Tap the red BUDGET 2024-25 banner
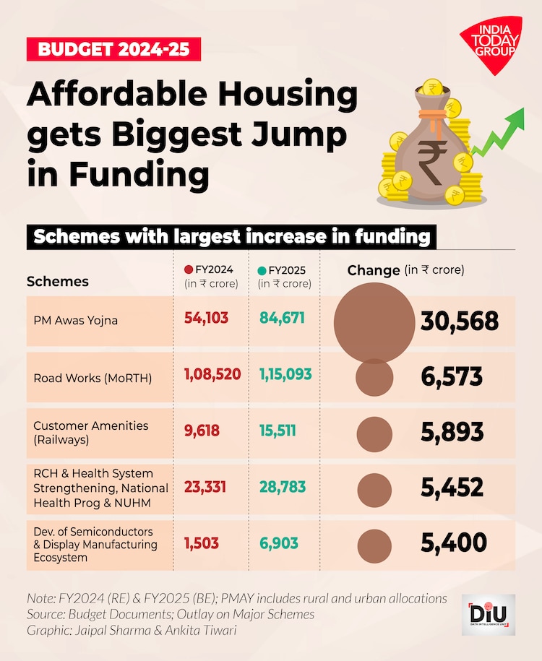pos(113,50)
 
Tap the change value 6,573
pos(452,376)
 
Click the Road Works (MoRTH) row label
pos(93,377)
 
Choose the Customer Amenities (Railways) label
pos(90,432)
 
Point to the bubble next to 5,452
pos(375,488)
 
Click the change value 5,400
pos(453,543)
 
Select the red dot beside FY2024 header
pos(189,270)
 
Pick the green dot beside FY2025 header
pos(262,270)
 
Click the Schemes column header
pos(57,282)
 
